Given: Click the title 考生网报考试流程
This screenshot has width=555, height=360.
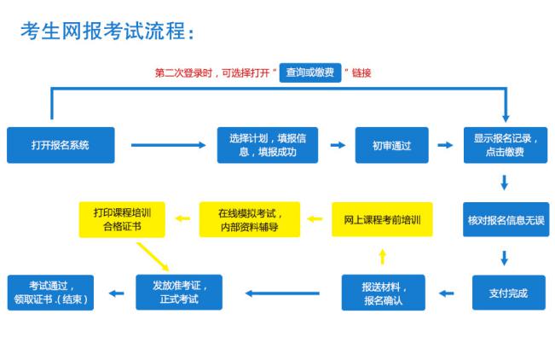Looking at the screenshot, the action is [103, 31].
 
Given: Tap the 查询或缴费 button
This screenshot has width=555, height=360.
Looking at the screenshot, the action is [310, 73].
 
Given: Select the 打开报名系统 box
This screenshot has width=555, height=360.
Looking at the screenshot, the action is [61, 145].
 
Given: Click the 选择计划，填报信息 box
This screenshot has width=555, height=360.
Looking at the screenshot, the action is [268, 145].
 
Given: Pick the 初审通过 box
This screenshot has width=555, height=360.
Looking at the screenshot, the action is [392, 145].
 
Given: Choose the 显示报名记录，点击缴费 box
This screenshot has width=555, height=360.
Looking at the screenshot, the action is [506, 145].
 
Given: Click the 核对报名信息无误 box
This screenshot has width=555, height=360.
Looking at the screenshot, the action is [506, 220].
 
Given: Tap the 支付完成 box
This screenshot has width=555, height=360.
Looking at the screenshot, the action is [509, 293].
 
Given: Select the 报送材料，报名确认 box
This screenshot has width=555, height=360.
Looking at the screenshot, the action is [384, 293].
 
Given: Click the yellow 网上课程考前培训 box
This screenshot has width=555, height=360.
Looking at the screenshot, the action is [382, 219].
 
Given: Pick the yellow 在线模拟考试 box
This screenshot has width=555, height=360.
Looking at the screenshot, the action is [250, 219].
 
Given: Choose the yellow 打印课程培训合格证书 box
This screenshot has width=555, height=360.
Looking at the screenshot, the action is [122, 219].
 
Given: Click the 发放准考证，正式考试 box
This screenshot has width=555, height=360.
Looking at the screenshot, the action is [179, 293].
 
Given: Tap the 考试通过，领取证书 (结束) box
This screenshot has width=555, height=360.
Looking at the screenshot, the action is [50, 293].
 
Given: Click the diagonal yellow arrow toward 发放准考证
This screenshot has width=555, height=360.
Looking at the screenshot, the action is [153, 257].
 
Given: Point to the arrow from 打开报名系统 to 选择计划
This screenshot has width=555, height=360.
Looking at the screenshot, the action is [169, 145].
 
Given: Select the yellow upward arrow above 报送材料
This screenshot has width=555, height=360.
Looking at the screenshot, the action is [382, 257].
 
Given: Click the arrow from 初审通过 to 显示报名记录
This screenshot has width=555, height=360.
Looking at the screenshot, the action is [445, 145].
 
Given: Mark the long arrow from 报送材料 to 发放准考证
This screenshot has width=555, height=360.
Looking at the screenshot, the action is [282, 293].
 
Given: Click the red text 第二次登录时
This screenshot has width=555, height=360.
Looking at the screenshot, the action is [183, 73].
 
